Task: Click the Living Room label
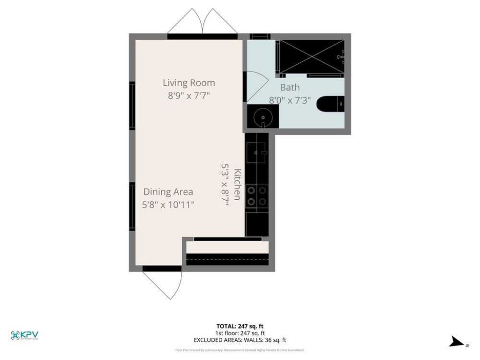pyautogui.click(x=189, y=83)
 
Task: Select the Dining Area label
pyautogui.click(x=168, y=192)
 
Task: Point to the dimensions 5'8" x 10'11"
pyautogui.click(x=168, y=204)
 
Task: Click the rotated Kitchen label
pyautogui.click(x=238, y=184)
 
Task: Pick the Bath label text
pyautogui.click(x=290, y=87)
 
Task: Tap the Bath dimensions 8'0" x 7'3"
pyautogui.click(x=290, y=100)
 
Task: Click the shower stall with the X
pyautogui.click(x=311, y=57)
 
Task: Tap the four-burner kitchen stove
pyautogui.click(x=257, y=196)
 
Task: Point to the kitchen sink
pyautogui.click(x=257, y=151)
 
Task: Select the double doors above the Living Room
pyautogui.click(x=202, y=22)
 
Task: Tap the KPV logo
pyautogui.click(x=24, y=335)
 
